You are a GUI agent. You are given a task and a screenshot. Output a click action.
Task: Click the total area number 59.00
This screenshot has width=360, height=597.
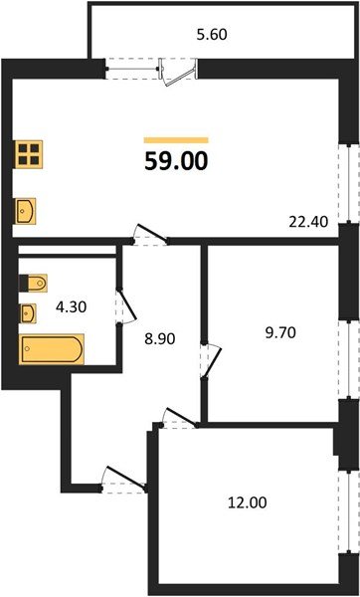pos(176,161)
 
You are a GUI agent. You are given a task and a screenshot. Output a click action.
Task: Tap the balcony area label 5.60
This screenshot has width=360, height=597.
pos(211,32)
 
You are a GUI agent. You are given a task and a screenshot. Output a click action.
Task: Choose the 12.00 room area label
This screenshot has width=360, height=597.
pos(246,503)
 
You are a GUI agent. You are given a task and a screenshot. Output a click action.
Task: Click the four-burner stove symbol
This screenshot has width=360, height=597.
pos(29,153)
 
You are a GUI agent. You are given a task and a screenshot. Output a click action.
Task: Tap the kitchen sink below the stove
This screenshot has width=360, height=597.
pos(27,211)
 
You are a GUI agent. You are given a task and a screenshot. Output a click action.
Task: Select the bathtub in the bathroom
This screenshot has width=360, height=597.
pos(53,351)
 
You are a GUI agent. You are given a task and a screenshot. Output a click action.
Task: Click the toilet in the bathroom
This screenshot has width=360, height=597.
pos(30,280)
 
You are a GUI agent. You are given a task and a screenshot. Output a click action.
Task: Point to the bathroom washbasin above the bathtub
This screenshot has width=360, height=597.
pos(30,313)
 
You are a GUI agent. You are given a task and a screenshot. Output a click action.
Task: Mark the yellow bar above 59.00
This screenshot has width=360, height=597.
pos(176,140)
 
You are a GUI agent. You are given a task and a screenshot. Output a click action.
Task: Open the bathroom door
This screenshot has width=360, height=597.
pos(121,302)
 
